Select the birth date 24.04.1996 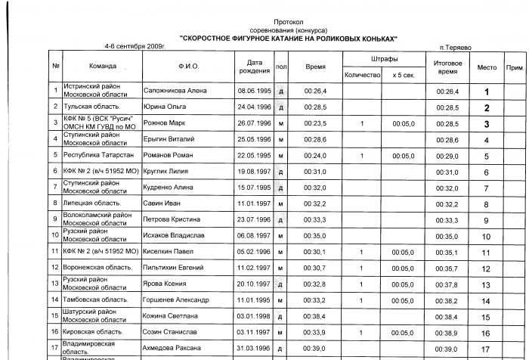coord(254,107)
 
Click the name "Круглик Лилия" coord(165,172)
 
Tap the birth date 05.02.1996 coord(254,252)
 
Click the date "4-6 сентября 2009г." coord(135,45)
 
